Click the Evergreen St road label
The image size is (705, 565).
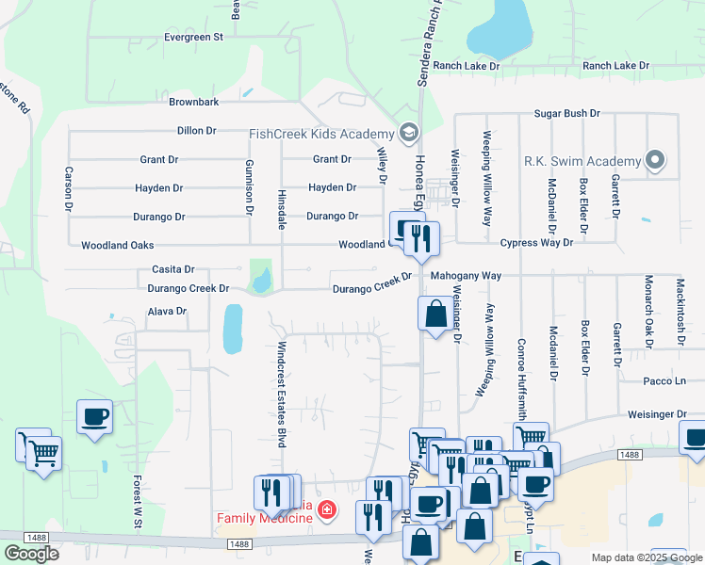[192, 38]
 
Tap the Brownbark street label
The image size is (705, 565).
[194, 102]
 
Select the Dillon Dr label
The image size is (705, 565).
[196, 131]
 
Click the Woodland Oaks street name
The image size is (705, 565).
[117, 246]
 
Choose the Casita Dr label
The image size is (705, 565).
[172, 269]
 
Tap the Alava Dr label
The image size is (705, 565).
[167, 311]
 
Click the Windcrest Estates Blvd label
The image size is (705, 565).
[281, 394]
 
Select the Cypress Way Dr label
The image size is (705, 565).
[533, 243]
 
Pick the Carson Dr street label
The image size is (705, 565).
[69, 188]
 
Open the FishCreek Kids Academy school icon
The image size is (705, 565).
[407, 132]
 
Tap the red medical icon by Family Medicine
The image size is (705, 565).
[326, 510]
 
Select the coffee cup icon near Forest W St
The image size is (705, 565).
[95, 416]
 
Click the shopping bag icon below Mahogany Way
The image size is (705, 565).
[435, 315]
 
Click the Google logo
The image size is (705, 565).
[31, 554]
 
